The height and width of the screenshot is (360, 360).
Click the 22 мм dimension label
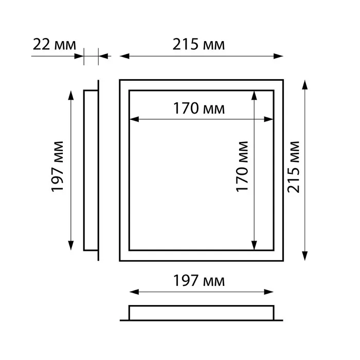click(54, 45)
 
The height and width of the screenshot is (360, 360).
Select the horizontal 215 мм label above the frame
click(199, 45)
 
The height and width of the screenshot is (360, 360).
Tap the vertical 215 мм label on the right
click(294, 167)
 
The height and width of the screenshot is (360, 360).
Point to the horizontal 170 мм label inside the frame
click(199, 109)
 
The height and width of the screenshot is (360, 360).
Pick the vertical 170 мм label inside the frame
click(242, 167)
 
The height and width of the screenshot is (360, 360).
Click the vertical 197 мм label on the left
click(57, 167)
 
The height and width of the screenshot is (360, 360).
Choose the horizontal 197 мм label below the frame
click(199, 281)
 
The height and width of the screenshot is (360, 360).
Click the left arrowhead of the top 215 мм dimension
click(124, 56)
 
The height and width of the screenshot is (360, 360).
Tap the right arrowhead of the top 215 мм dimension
click(278, 56)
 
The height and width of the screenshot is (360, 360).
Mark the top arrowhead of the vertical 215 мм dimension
click(304, 85)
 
